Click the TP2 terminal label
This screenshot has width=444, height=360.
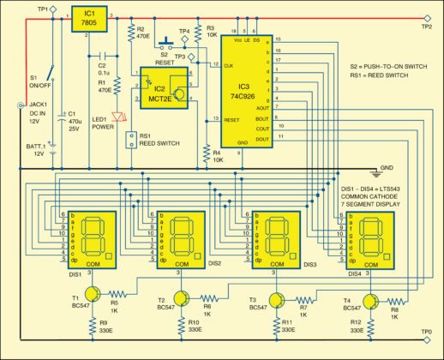[426, 27]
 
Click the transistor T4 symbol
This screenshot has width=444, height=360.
[369, 300]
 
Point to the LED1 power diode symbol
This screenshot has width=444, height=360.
[119, 114]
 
